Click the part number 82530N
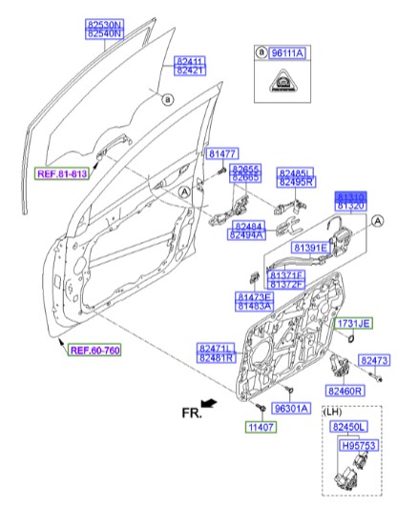104,21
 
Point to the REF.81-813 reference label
62,174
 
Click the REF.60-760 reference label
94,349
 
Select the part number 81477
221,153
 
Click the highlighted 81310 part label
351,194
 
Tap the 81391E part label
310,248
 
